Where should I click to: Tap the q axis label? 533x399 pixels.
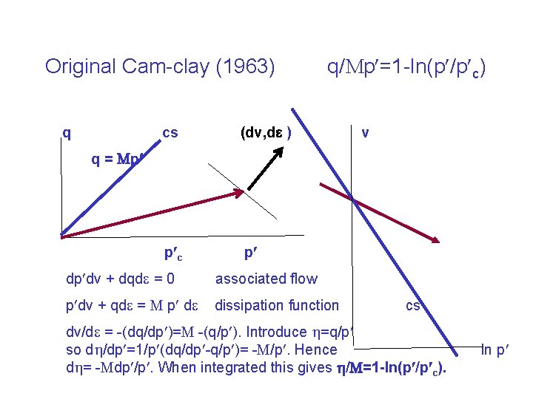point(67,134)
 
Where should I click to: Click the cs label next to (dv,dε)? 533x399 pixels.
point(170,133)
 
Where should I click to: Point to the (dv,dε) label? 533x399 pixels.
point(264,133)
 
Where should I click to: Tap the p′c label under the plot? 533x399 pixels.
point(172,254)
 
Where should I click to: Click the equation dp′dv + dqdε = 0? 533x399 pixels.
point(120,279)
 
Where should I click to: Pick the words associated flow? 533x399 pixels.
point(266,279)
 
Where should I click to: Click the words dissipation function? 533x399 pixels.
point(276,305)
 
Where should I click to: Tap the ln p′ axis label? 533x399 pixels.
point(495,349)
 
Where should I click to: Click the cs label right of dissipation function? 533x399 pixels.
point(412,305)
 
